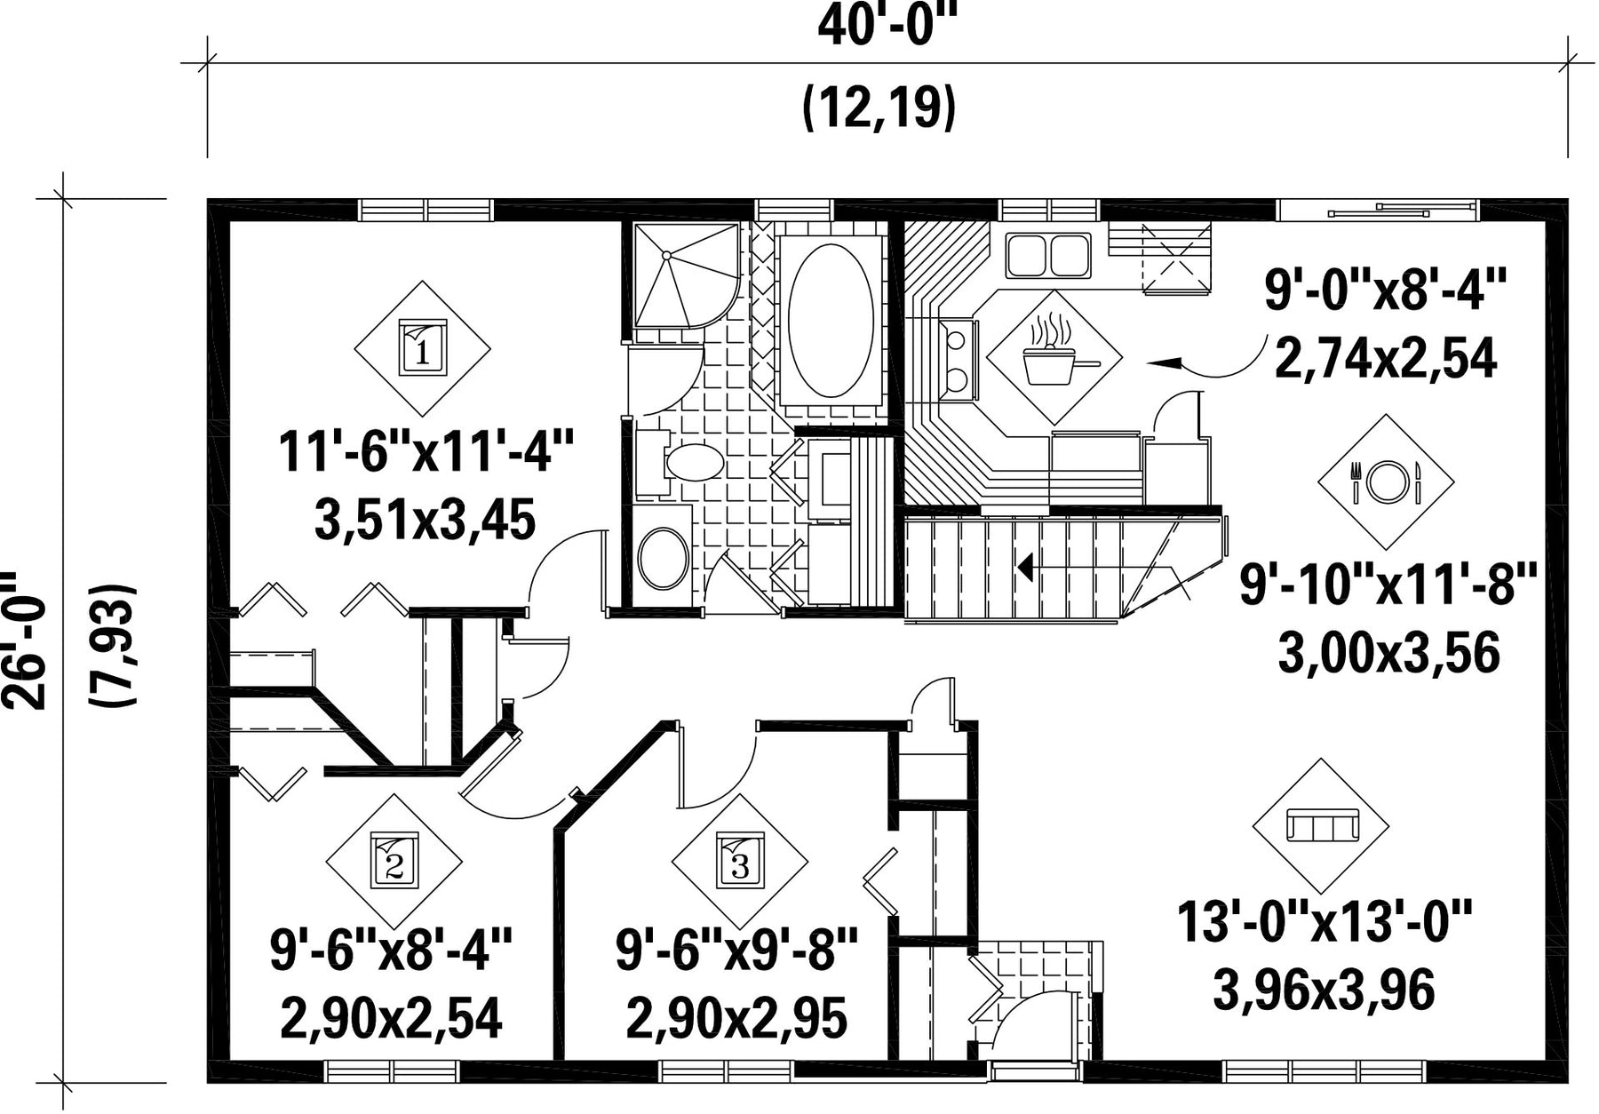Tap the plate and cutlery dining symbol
[x=1385, y=481]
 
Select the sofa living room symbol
[x=1322, y=826]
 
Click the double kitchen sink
[x=1048, y=255]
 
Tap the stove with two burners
[x=959, y=358]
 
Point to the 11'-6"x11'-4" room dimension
[x=426, y=451]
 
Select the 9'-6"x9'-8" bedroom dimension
[x=736, y=951]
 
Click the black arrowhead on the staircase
[x=1025, y=566]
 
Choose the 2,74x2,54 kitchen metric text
[x=1386, y=358]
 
